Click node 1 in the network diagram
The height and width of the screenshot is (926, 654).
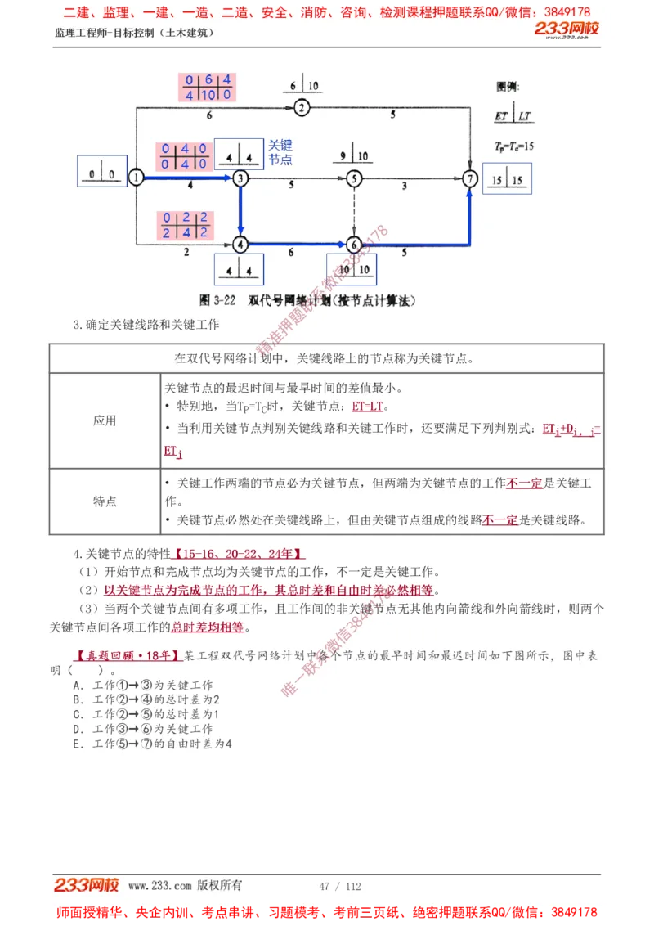click(137, 178)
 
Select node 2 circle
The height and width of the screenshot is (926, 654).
click(301, 107)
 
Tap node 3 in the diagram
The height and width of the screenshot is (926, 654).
click(240, 178)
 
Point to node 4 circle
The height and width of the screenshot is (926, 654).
click(240, 244)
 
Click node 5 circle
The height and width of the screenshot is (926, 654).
click(353, 178)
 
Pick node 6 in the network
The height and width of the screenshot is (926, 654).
click(353, 244)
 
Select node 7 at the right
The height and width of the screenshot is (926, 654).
click(469, 178)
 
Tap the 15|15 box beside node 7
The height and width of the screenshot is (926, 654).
click(506, 178)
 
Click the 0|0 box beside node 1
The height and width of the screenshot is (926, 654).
click(102, 173)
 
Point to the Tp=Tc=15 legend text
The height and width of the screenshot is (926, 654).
click(514, 145)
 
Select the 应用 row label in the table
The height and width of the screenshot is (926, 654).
click(105, 420)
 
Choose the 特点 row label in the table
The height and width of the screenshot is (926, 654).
click(105, 501)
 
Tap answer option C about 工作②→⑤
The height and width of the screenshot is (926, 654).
click(146, 714)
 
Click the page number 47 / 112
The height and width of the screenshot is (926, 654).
click(340, 886)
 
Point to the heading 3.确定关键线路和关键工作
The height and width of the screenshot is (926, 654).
click(146, 325)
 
